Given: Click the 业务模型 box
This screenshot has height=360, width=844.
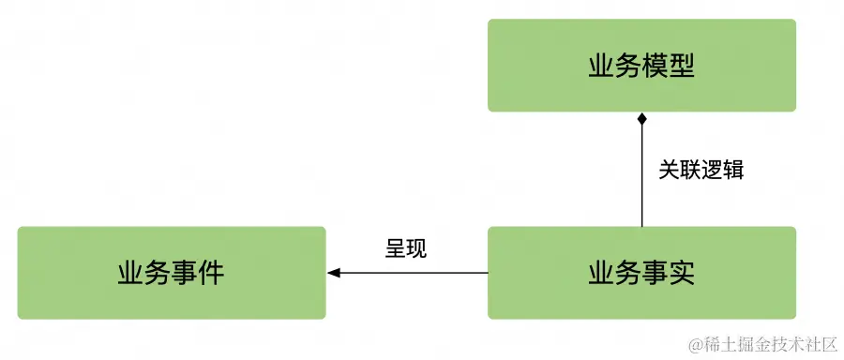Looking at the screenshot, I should [641, 66].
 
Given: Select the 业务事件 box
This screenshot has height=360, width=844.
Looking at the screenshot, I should [172, 273].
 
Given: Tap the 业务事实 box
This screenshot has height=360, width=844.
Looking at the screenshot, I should [641, 273].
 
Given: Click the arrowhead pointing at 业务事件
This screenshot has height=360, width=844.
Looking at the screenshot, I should [334, 273].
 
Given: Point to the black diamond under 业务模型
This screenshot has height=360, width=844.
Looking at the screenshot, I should [642, 119].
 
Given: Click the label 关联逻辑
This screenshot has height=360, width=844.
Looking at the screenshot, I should [701, 170].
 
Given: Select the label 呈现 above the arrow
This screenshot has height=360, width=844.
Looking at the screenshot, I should [406, 248].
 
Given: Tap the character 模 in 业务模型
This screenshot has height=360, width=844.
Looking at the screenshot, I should [655, 66].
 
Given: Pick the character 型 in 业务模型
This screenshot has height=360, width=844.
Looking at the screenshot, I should [682, 66].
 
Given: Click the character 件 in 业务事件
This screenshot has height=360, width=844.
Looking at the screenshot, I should [212, 273].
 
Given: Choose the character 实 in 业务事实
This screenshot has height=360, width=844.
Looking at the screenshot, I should [682, 273].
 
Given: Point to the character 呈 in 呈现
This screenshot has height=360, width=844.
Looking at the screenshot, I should [396, 248].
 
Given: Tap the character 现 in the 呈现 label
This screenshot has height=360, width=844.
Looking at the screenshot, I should [417, 248].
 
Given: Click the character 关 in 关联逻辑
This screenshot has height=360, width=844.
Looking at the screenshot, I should [669, 170].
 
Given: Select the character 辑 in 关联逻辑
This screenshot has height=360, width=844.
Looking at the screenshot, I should [733, 170].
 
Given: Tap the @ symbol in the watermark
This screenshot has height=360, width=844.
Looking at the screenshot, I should [695, 346].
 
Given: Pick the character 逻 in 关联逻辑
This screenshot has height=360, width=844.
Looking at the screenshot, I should [712, 170].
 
